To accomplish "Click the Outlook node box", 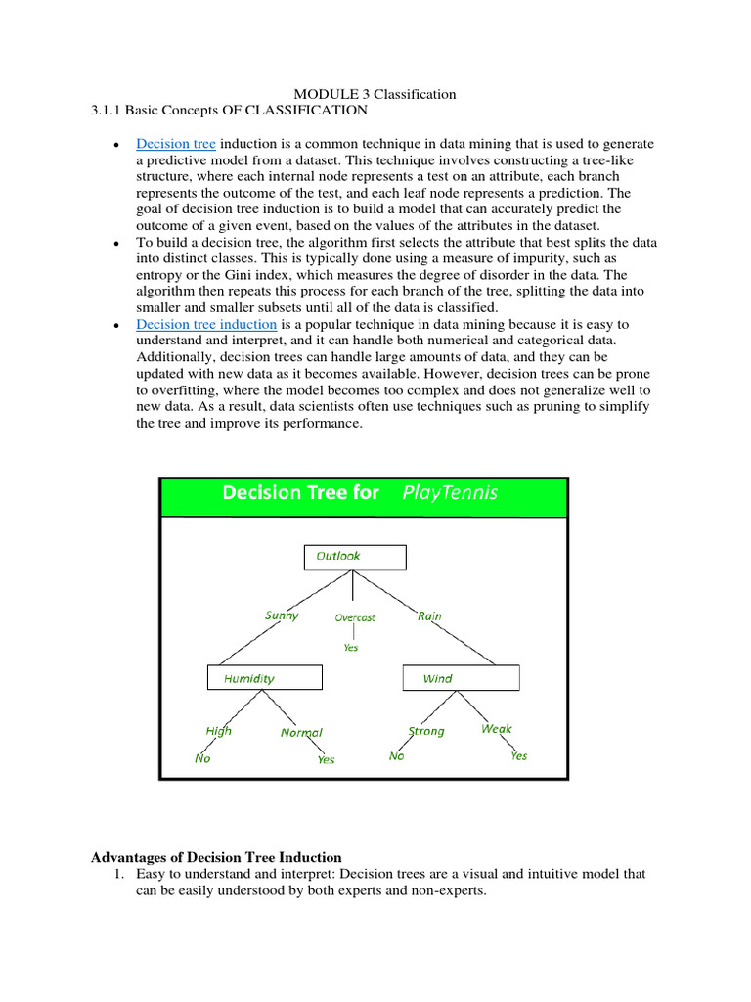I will pos(356,557).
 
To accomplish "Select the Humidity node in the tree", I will pos(264,678).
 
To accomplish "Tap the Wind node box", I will pos(462,678).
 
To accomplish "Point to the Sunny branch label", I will pos(282,615).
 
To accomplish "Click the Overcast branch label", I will pos(354,618).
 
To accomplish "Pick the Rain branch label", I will pos(429,616).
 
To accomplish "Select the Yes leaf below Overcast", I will pos(350,648).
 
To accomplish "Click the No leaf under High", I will pos(202,758).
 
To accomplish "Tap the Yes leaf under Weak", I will pos(518,756).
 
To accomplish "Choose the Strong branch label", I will pos(426,731).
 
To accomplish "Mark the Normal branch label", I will pos(301,733).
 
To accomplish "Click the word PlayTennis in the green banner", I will pos(450,493).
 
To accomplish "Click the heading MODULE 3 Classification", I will pos(375,94).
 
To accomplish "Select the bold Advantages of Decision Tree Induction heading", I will pos(216,857).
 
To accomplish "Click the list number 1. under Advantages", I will pos(120,874).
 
